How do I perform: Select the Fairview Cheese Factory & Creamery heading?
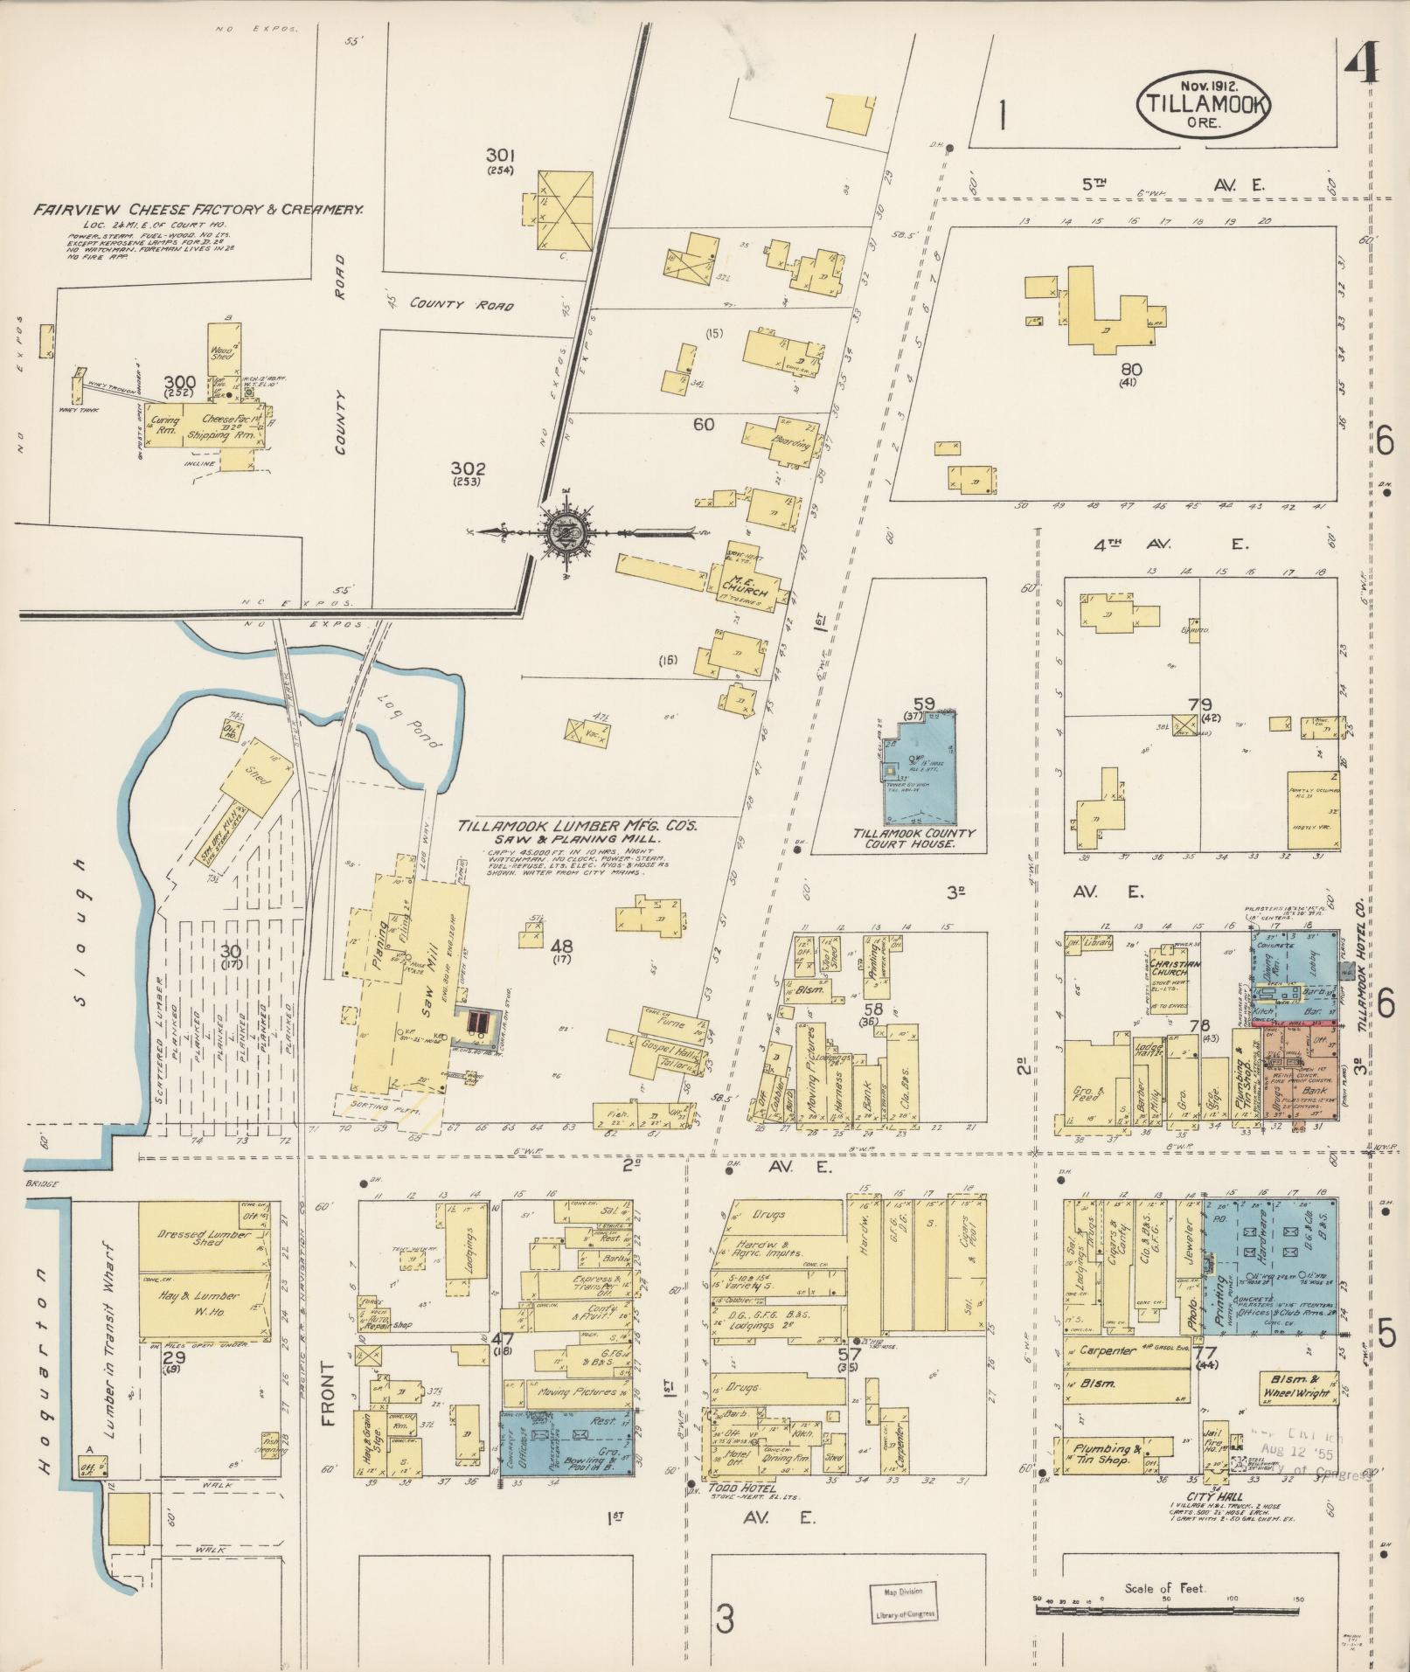click(x=198, y=211)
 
